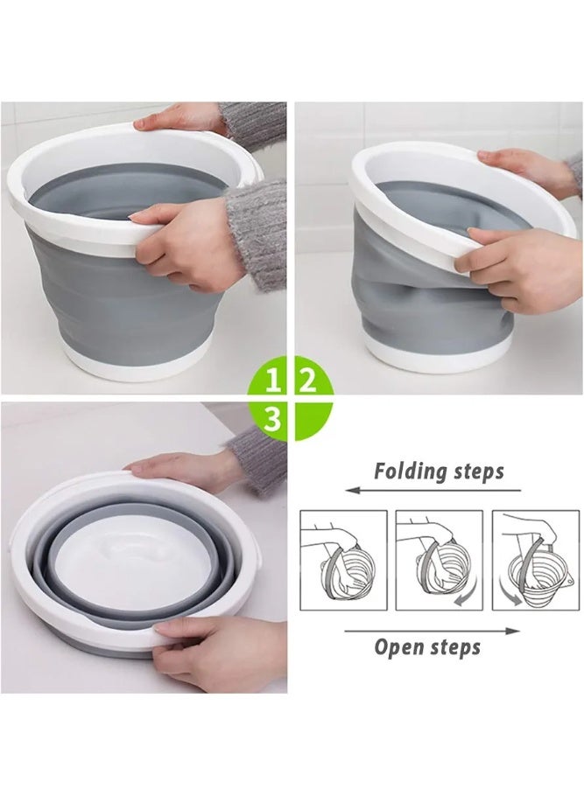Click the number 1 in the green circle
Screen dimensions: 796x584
pyautogui.click(x=273, y=380)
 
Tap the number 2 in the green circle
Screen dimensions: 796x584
pyautogui.click(x=308, y=380)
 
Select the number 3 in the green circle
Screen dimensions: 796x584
pyautogui.click(x=273, y=419)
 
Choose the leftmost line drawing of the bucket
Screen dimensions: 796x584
pyautogui.click(x=343, y=560)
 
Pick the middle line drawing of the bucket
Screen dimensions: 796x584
pyautogui.click(x=439, y=560)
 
